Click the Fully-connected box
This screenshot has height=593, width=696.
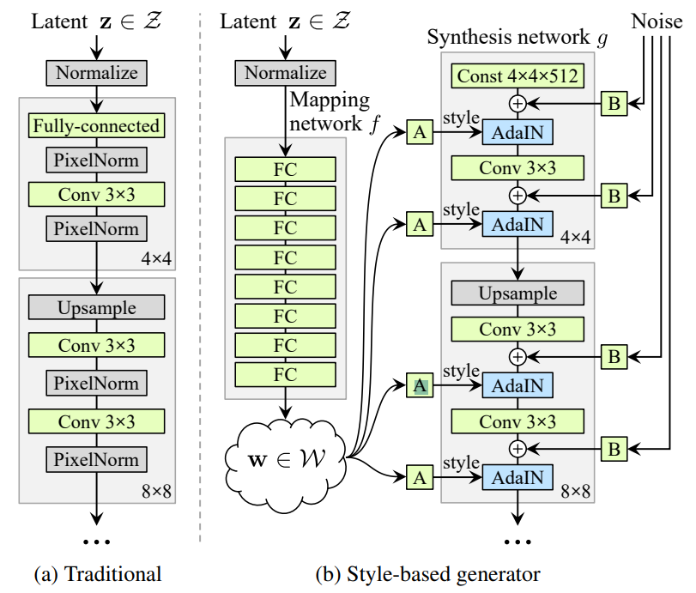pyautogui.click(x=96, y=126)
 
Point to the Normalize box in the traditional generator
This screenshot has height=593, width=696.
pyautogui.click(x=96, y=73)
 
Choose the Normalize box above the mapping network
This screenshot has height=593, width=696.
pyautogui.click(x=286, y=73)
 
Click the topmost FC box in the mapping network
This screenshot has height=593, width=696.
pyautogui.click(x=285, y=169)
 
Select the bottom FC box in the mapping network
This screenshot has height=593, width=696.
pyautogui.click(x=285, y=374)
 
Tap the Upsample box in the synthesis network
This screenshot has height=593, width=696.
pyautogui.click(x=517, y=293)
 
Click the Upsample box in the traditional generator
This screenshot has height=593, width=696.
pyautogui.click(x=96, y=306)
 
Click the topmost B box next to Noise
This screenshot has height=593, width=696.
pyautogui.click(x=614, y=103)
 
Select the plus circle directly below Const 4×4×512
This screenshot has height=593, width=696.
pyautogui.click(x=517, y=103)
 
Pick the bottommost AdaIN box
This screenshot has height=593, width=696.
pyautogui.click(x=517, y=476)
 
